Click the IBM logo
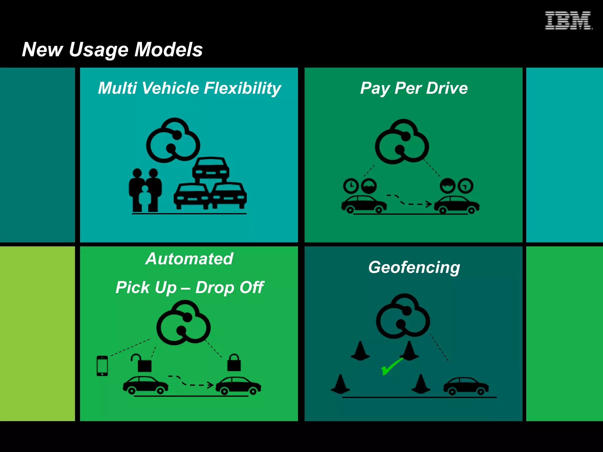[x=568, y=21]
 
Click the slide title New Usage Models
[x=112, y=49]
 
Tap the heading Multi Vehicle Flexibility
[x=189, y=88]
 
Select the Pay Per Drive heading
[x=414, y=88]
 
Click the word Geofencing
[x=414, y=267]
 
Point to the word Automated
[x=189, y=259]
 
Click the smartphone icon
[x=102, y=366]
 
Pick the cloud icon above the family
[x=173, y=140]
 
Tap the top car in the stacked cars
[x=211, y=169]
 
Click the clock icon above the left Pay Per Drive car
[x=350, y=186]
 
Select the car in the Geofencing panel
[x=466, y=386]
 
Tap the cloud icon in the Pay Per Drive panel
[x=402, y=142]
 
